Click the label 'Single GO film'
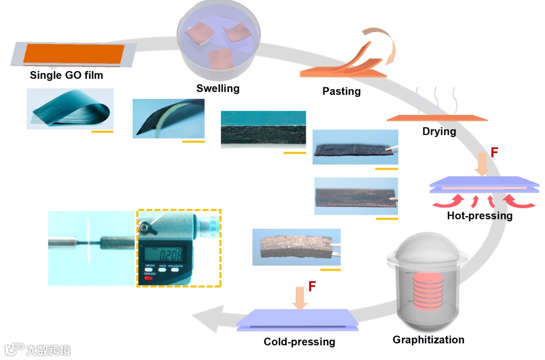66,76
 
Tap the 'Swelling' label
217,89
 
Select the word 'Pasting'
342,91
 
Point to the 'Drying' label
439,132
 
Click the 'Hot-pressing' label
479,216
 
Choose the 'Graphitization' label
428,340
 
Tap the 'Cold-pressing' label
299,342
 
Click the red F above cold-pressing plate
312,287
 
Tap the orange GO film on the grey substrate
74,54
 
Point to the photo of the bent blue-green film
70,109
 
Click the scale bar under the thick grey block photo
331,270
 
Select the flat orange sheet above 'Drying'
437,119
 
